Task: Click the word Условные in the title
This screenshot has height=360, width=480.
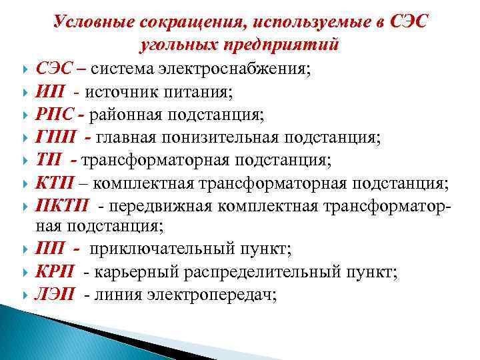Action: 95,21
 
